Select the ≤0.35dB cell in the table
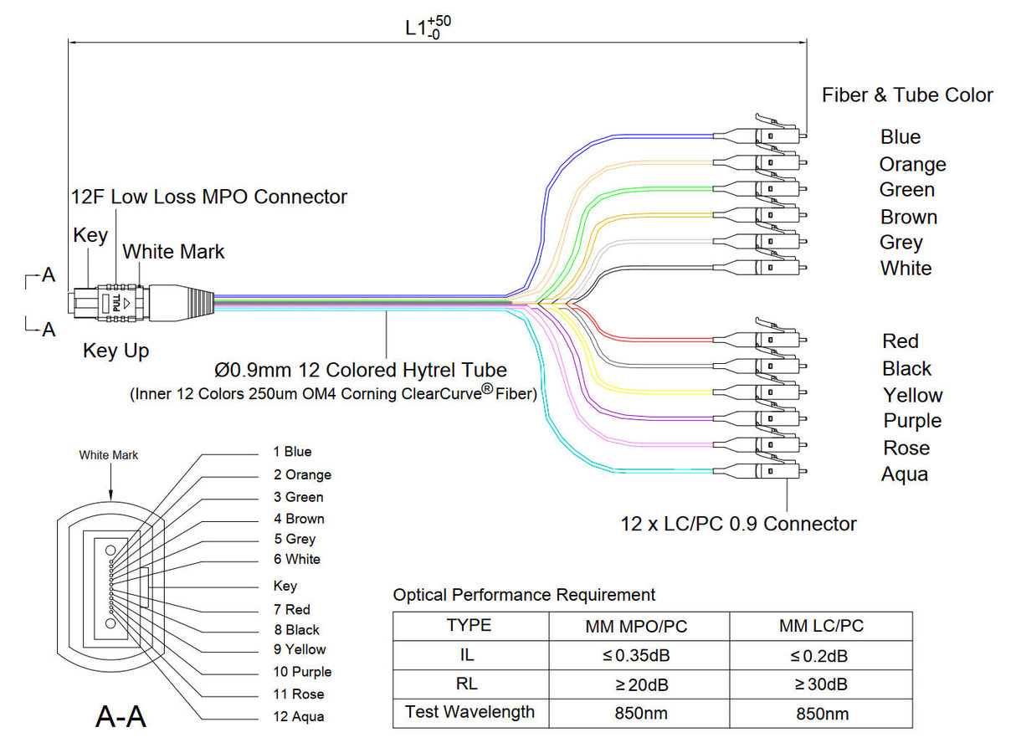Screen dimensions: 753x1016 [639, 656]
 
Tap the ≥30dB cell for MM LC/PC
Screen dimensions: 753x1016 [820, 684]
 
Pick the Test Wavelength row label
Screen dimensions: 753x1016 [470, 713]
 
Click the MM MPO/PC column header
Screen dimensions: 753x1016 [639, 626]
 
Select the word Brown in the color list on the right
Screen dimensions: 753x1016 [908, 217]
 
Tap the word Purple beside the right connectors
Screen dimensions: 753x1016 [912, 421]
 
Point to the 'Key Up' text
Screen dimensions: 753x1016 [115, 351]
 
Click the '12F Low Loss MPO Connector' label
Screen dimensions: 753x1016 [208, 197]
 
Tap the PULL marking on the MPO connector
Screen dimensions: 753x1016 [115, 302]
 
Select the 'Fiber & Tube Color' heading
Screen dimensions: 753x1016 [907, 95]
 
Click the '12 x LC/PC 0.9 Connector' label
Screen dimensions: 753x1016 [738, 524]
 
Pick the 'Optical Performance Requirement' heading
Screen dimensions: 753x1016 [524, 595]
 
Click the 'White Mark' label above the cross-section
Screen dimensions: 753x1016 [109, 455]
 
